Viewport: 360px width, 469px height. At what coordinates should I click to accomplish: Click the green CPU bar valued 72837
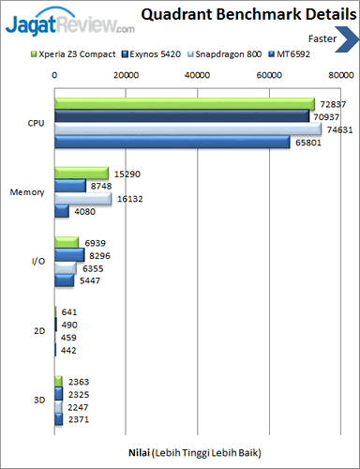pos(185,104)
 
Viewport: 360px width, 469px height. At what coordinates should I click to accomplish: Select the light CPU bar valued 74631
pos(188,129)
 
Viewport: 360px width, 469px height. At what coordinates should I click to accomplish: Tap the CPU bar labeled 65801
pos(172,142)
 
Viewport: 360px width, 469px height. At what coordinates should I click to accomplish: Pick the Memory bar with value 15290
pos(82,174)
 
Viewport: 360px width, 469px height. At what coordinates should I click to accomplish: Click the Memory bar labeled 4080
pos(62,211)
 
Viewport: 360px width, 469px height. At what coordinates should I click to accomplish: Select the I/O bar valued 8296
pos(69,255)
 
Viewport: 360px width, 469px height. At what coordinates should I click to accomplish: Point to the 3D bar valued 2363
pos(58,382)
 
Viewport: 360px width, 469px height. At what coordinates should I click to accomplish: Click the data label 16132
pos(130,199)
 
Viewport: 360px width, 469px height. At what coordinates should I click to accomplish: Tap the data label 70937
pos(326,117)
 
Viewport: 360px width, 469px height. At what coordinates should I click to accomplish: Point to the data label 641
pos(69,312)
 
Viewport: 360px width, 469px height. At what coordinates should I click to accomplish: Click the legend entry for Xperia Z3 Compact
pos(73,54)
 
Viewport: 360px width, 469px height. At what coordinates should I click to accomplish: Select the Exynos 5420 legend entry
pos(151,54)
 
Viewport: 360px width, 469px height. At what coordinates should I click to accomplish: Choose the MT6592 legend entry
pos(290,54)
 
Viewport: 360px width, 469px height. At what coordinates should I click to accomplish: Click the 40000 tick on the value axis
pos(197,75)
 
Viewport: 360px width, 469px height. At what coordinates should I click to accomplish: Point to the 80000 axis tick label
pos(341,75)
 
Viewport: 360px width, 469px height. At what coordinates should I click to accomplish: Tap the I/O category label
pos(38,261)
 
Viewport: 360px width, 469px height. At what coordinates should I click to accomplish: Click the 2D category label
pos(39,331)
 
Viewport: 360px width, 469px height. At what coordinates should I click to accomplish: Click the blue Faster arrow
pos(347,39)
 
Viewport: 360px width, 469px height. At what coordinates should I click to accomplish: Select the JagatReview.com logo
pos(70,23)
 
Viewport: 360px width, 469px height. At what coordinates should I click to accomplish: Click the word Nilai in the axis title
pos(139,453)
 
